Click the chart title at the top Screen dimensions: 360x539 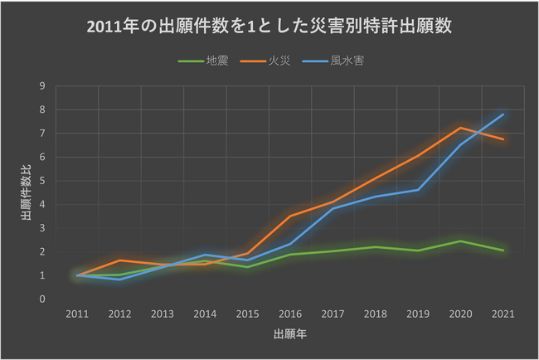pyautogui.click(x=269, y=27)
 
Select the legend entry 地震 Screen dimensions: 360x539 pyautogui.click(x=217, y=61)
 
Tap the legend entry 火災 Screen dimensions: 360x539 pyautogui.click(x=279, y=61)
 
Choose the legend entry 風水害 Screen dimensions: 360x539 pyautogui.click(x=347, y=61)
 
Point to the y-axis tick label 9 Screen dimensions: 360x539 pyautogui.click(x=41, y=86)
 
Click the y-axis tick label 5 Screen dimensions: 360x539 pyautogui.click(x=41, y=181)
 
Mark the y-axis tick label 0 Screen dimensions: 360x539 pyautogui.click(x=41, y=299)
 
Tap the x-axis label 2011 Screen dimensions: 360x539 pyautogui.click(x=77, y=314)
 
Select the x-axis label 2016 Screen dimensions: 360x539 pyautogui.click(x=290, y=314)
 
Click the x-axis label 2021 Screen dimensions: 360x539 pyautogui.click(x=503, y=314)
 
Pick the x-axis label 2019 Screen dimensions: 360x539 pyautogui.click(x=418, y=314)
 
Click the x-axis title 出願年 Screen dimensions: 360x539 pyautogui.click(x=289, y=335)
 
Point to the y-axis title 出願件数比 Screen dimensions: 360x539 pyautogui.click(x=26, y=192)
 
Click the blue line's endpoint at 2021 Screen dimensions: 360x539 pyautogui.click(x=503, y=114)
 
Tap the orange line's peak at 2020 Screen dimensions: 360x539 pyautogui.click(x=460, y=128)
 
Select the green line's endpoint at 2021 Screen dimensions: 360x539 pyautogui.click(x=503, y=250)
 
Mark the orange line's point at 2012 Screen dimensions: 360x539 pyautogui.click(x=119, y=260)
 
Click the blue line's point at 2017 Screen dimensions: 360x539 pyautogui.click(x=333, y=208)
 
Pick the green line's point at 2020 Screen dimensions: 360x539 pyautogui.click(x=460, y=241)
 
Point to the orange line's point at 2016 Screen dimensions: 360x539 pyautogui.click(x=290, y=216)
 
